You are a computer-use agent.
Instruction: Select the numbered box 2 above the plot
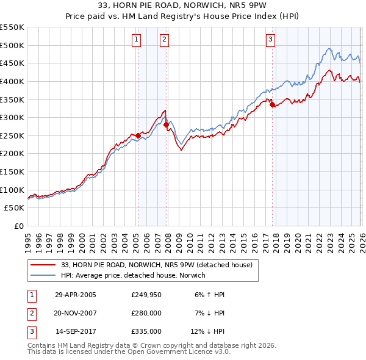[x=165, y=40]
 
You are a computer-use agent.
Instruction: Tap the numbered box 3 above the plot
[x=270, y=40]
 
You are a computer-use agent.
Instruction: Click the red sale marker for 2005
[x=138, y=135]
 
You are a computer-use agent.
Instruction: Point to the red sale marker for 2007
[x=166, y=124]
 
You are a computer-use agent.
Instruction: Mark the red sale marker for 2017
[x=272, y=104]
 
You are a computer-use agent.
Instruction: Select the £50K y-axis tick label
[x=14, y=208]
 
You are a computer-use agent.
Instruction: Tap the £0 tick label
[x=18, y=226]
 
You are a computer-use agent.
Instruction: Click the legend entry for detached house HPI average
[x=133, y=275]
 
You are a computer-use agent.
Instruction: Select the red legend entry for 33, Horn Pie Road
[x=152, y=264]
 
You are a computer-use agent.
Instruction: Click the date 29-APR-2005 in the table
[x=76, y=294]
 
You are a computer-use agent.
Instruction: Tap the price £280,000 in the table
[x=146, y=312]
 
